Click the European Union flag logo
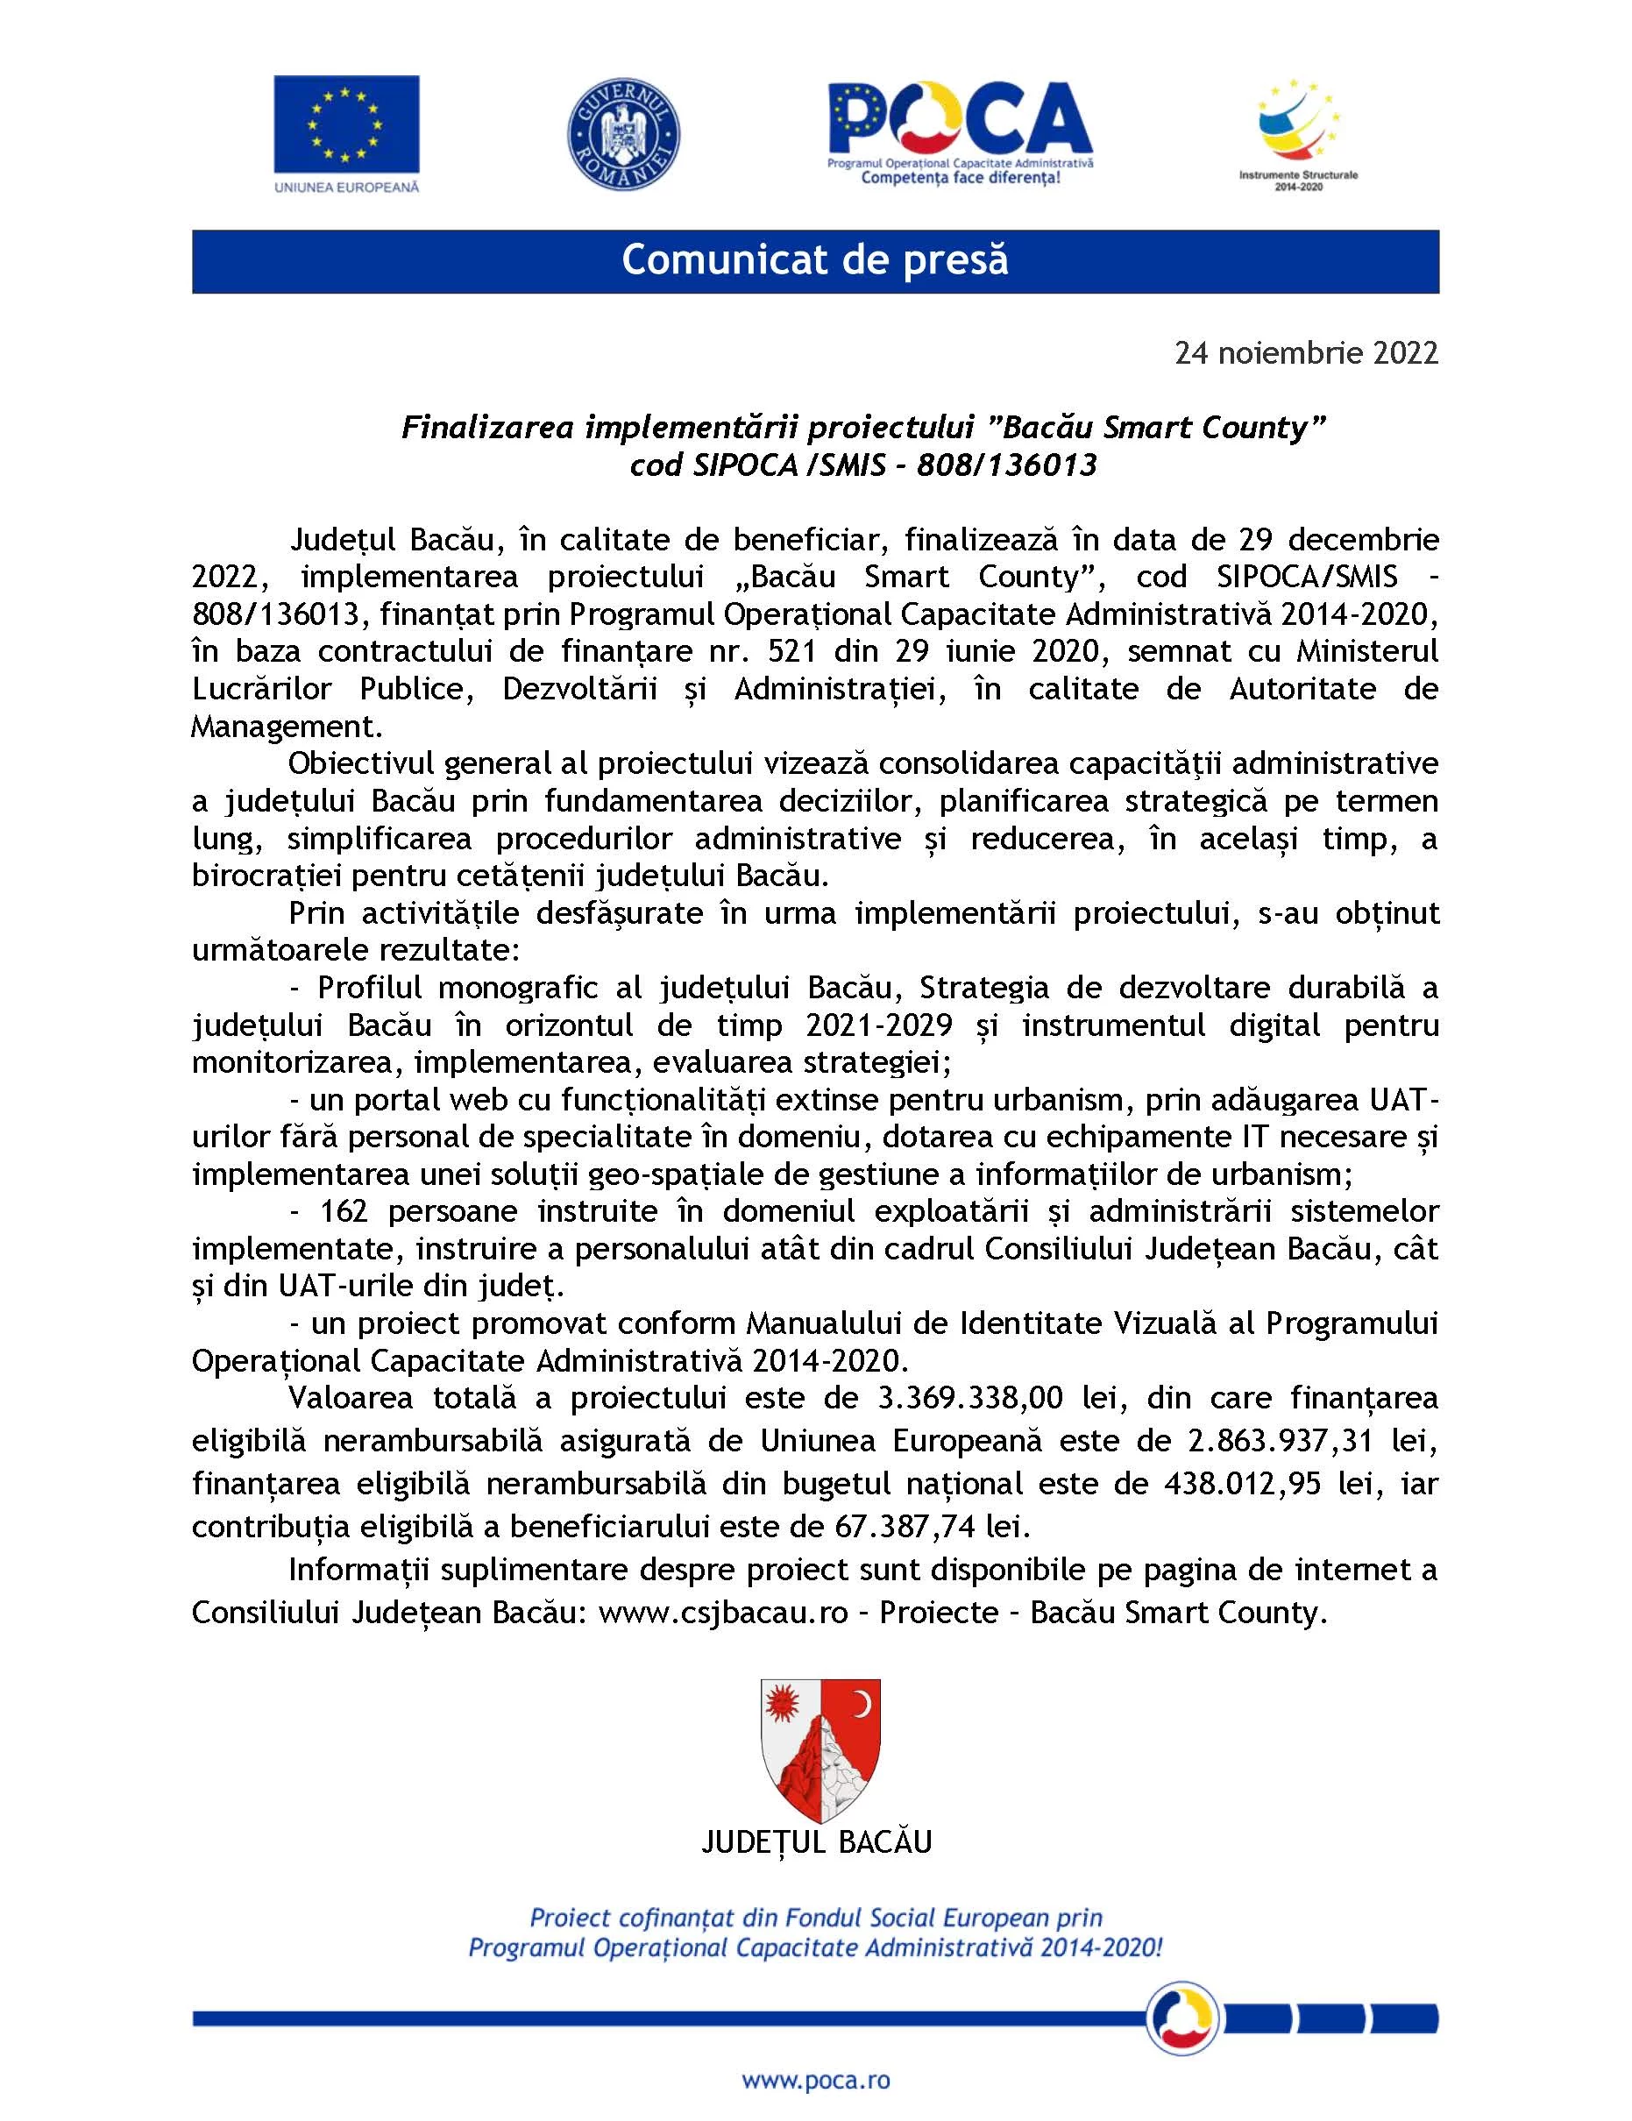346,124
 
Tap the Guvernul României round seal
622,134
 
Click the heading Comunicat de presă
815,260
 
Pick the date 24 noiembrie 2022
1306,352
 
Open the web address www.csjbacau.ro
724,1612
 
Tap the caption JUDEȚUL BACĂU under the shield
816,1842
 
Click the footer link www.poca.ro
816,2080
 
